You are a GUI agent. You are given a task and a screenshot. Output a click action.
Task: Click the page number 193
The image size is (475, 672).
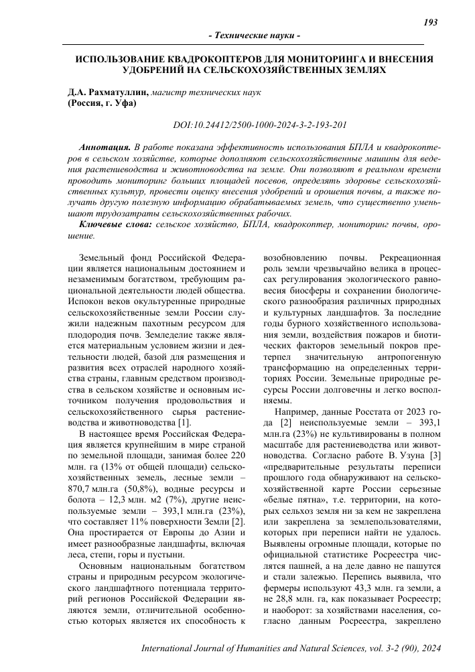click(x=431, y=22)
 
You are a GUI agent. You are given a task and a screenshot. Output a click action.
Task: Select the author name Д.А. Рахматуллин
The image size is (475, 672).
click(x=109, y=92)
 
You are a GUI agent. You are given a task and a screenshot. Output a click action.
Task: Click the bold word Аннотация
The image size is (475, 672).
click(x=105, y=146)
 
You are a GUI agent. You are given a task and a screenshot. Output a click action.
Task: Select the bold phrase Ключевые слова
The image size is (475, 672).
click(x=115, y=224)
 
